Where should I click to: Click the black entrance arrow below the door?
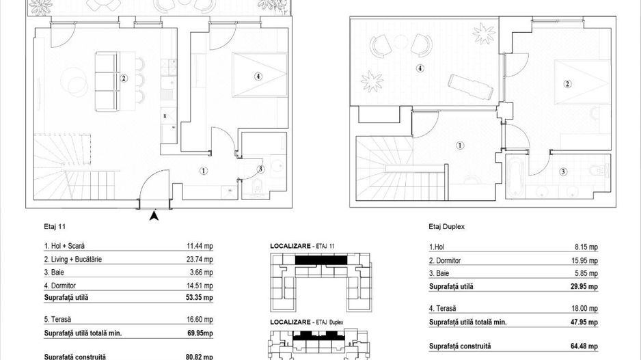point(154,217)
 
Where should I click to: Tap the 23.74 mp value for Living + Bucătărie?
point(200,260)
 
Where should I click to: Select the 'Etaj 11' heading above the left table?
point(53,225)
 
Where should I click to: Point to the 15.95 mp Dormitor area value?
point(584,260)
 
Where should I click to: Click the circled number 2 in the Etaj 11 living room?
point(124,78)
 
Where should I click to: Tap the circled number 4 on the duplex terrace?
point(420,68)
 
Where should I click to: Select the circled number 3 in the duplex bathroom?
point(562,171)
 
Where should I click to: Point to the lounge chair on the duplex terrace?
point(471,86)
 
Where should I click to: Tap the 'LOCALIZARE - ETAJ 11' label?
point(298,245)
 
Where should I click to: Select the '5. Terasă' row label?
point(57,318)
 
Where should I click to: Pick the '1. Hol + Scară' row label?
point(64,246)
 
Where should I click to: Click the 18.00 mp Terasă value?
point(584,309)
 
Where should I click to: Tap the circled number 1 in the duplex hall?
point(460,146)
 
